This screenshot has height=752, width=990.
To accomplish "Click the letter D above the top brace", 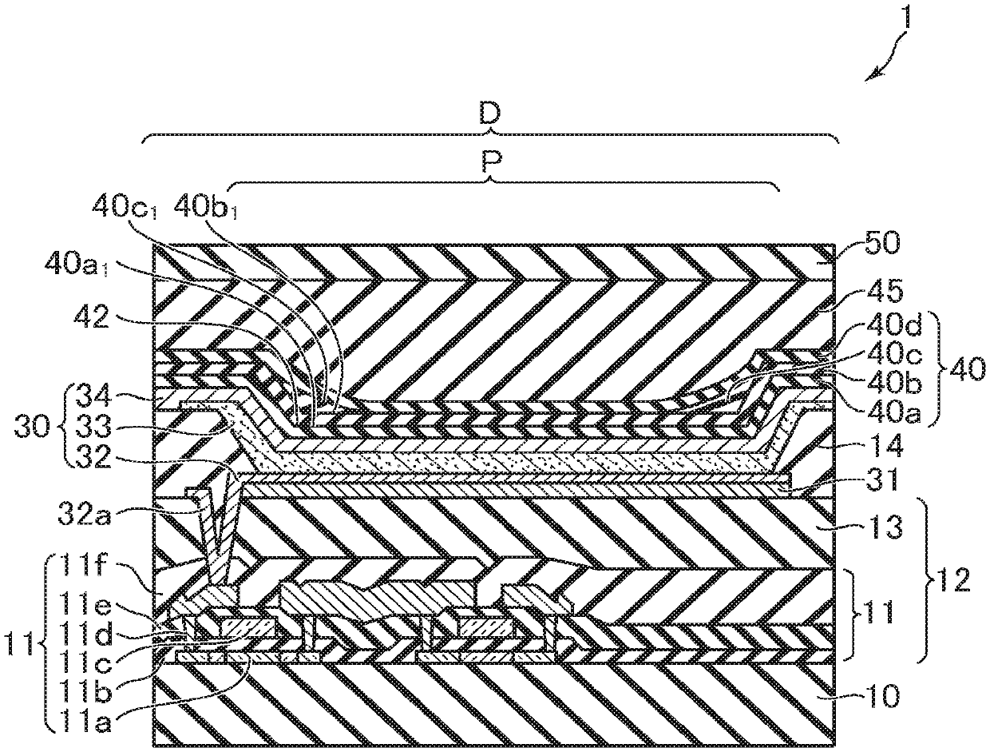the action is point(490,115).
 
